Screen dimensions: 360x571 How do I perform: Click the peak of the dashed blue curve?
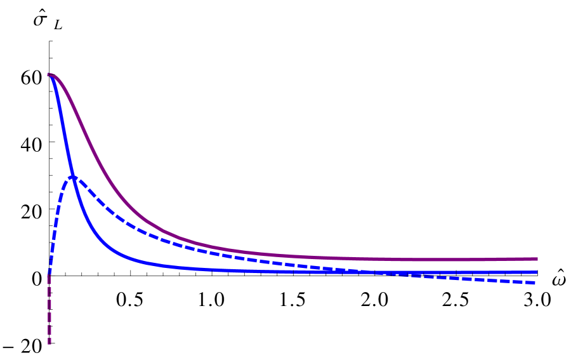coord(73,177)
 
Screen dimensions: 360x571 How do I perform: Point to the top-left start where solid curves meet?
coord(49,75)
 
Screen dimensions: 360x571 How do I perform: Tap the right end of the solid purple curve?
coord(537,259)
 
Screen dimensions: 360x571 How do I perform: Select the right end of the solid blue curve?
coord(537,272)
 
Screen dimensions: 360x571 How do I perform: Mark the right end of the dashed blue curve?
coord(535,283)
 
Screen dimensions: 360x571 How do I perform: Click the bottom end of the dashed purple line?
coord(49,343)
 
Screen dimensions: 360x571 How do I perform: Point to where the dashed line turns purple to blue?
coord(49,277)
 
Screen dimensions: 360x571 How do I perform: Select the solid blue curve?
coord(190,268)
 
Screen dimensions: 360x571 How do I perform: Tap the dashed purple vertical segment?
coord(49,311)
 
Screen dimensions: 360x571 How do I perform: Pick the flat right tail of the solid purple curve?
coord(444,259)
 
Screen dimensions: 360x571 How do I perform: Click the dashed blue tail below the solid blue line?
coord(476,279)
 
